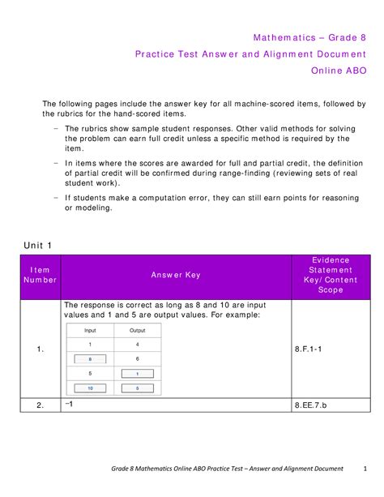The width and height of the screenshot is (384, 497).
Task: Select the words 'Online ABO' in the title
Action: coord(340,70)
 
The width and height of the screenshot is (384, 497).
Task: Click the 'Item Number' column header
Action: coord(41,275)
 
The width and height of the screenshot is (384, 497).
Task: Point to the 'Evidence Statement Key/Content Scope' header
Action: coord(330,275)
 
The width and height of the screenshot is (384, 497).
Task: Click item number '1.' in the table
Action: coord(41,349)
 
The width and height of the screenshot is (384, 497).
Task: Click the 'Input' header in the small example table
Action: coord(90,331)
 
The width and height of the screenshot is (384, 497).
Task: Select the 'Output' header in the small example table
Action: coord(138,331)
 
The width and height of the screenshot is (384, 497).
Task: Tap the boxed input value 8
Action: coord(90,358)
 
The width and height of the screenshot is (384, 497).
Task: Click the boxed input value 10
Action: coord(90,388)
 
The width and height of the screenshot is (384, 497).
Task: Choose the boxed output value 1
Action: coord(138,373)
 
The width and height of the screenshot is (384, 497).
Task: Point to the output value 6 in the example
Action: coord(138,358)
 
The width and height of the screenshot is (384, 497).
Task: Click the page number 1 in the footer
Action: coord(364,469)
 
